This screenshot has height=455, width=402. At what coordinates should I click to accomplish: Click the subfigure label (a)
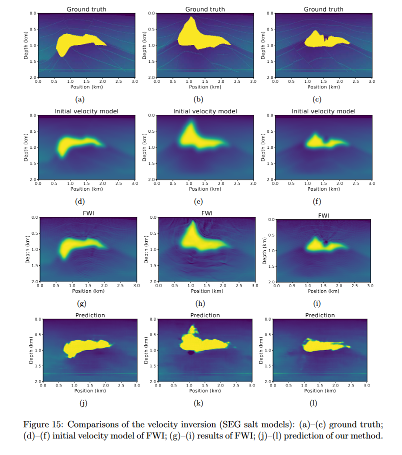point(79,99)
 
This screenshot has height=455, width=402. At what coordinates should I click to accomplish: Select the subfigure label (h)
point(199,303)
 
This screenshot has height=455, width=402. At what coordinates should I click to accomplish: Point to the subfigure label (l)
point(313,403)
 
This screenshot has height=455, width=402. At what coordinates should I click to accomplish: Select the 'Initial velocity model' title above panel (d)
point(86,111)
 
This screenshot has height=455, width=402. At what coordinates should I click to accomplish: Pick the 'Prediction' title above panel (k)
point(205,315)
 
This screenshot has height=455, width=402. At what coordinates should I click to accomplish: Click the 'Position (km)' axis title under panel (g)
point(88,290)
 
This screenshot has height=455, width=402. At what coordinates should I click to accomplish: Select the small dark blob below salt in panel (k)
point(190,353)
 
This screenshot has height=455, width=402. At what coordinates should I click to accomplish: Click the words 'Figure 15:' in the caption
point(41,424)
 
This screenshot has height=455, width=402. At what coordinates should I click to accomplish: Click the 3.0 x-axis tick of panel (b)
point(253,81)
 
